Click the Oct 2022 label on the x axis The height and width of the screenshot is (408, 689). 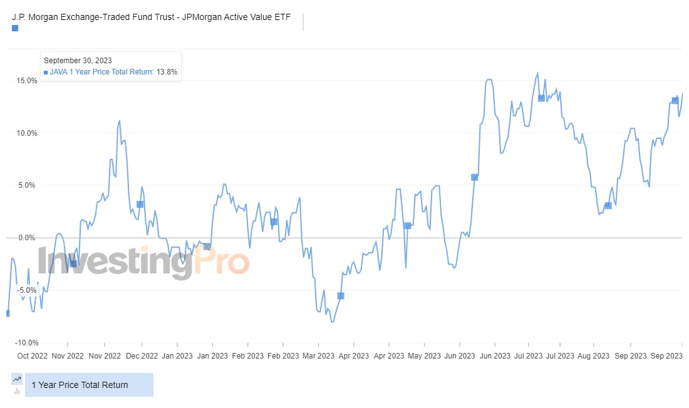(x=33, y=356)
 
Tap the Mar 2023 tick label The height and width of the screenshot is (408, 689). (x=318, y=356)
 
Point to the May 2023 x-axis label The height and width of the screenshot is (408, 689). (x=423, y=356)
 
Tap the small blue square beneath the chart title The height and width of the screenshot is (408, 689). (x=15, y=28)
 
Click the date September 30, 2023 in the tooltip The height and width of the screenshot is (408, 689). (x=78, y=60)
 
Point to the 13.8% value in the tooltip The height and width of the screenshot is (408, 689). (x=167, y=72)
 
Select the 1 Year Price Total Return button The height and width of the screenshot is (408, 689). (x=88, y=385)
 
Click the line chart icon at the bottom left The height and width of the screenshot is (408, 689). (x=17, y=379)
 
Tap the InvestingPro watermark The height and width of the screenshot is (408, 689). (x=143, y=262)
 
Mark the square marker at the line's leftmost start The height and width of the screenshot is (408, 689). (x=8, y=313)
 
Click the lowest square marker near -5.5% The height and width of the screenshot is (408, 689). (x=341, y=295)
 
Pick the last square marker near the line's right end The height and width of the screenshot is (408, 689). (x=675, y=100)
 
